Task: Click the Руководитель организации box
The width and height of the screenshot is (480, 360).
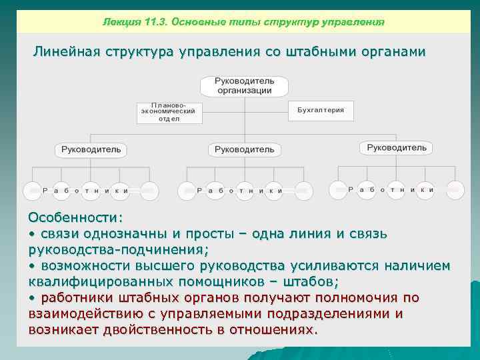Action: coord(243,86)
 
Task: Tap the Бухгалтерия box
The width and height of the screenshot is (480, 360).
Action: coord(321,110)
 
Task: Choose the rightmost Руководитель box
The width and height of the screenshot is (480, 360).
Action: coord(396,147)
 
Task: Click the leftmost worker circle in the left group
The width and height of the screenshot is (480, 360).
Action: coord(33,190)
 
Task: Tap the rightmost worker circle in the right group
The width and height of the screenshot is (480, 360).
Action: coord(455,189)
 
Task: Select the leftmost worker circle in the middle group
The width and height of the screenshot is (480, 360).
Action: coord(187,190)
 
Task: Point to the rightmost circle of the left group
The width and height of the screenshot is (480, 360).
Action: coord(149,190)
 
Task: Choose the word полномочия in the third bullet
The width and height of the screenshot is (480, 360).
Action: coord(355,297)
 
